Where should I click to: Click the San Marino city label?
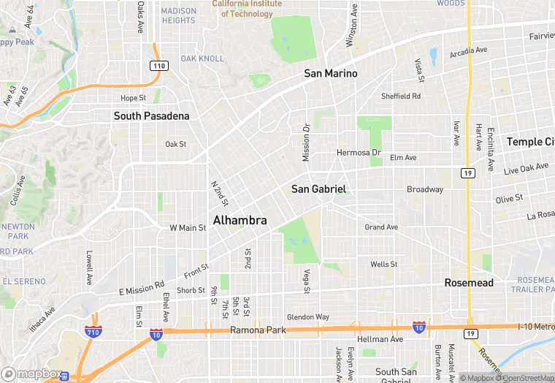331,73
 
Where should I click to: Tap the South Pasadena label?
151,115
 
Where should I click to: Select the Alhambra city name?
240,220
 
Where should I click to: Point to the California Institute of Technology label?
247,8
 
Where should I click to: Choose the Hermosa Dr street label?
359,153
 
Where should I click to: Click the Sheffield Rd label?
401,96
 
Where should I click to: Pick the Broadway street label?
425,189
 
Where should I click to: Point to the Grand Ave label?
381,227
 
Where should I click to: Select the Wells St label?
383,264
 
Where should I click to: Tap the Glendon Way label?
308,317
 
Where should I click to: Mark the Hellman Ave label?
382,339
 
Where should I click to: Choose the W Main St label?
188,228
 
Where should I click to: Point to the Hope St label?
133,98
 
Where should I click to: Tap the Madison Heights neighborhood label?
179,15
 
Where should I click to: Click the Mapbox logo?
31,373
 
